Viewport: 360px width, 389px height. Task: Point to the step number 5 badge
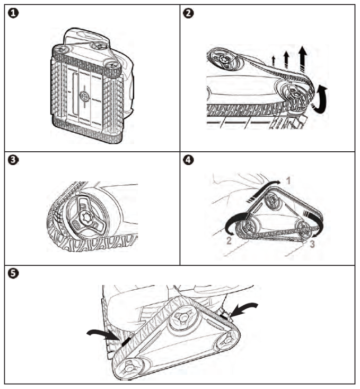click(x=12, y=273)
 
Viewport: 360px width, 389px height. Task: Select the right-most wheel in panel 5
click(x=229, y=338)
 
